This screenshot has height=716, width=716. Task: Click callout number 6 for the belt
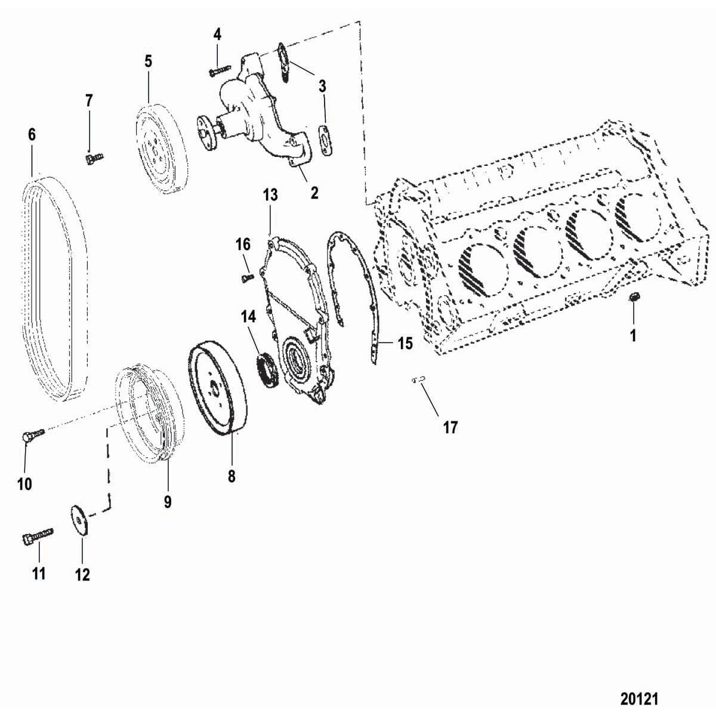coord(32,135)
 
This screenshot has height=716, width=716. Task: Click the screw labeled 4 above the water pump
coord(219,71)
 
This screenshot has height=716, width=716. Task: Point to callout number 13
coord(270,195)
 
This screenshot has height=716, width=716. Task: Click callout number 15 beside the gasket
coord(405,344)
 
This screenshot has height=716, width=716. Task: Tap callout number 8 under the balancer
coord(232,476)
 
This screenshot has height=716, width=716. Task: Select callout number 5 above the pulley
coord(148,61)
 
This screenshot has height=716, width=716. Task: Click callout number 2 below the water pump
coord(314,193)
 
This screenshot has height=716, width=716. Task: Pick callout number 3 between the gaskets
coord(322,86)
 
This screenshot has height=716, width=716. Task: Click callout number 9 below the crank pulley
coord(168,502)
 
